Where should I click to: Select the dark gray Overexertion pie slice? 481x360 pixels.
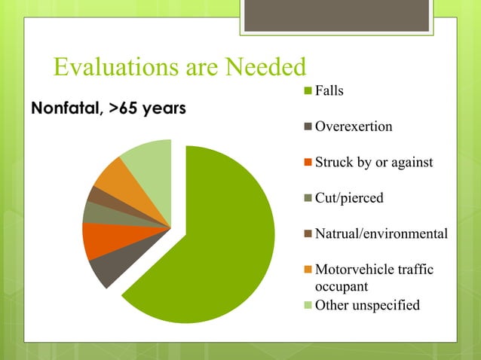(x=106, y=270)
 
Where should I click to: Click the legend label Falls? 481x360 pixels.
(x=329, y=90)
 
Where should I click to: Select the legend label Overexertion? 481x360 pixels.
(x=353, y=127)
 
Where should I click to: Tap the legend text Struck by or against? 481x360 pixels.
(x=373, y=163)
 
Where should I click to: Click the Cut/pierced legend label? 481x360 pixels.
(x=348, y=198)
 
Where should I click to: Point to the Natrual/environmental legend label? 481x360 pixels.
(x=381, y=234)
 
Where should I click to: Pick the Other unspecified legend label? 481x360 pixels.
(x=366, y=305)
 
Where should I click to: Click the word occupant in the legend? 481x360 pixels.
(x=342, y=287)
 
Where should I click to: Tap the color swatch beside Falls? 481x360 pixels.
(x=308, y=91)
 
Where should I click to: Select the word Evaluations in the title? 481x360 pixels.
(x=110, y=69)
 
